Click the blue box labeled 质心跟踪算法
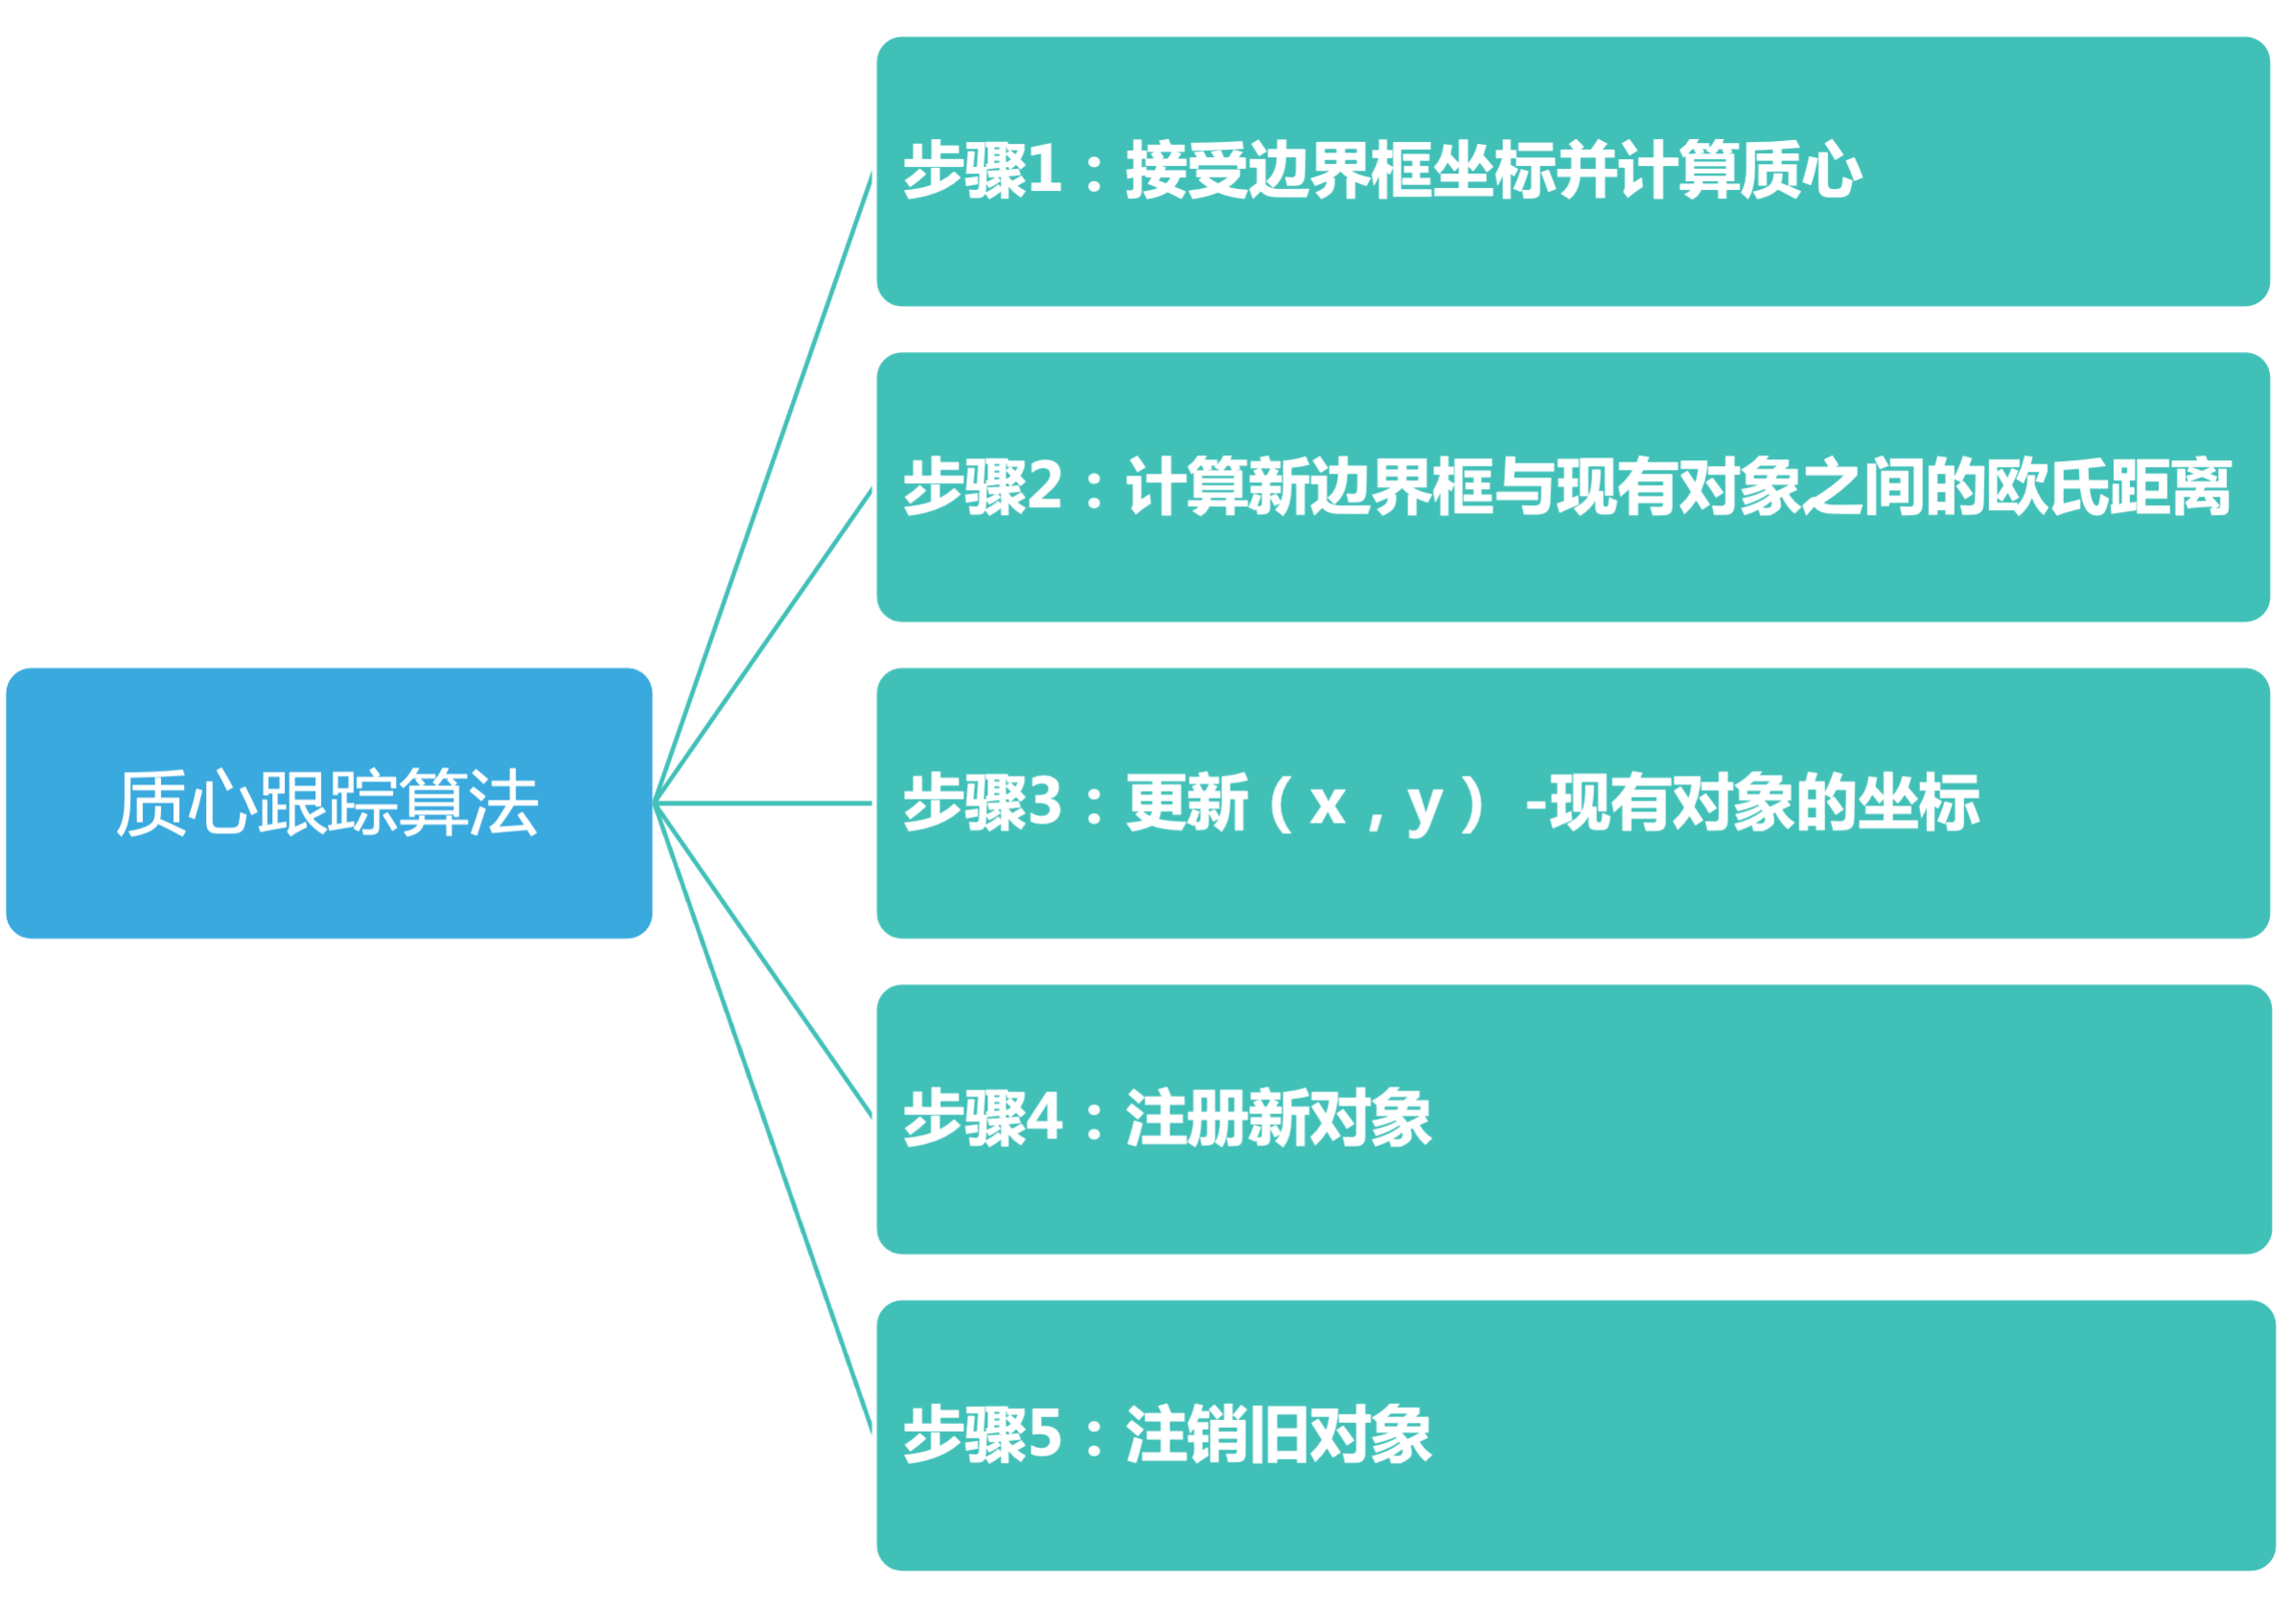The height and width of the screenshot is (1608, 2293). (x=330, y=803)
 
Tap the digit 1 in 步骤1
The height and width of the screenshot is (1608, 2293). (x=1044, y=170)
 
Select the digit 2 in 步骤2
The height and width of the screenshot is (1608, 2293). (x=1044, y=486)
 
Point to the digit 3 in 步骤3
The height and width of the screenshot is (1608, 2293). (x=1044, y=802)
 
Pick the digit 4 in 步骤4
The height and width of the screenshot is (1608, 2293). (x=1044, y=1118)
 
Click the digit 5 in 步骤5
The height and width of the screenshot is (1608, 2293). (x=1044, y=1434)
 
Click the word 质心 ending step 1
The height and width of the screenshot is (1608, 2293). (x=1799, y=170)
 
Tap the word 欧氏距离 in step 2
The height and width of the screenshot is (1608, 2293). (x=2107, y=486)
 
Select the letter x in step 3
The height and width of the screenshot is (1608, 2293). (x=1328, y=802)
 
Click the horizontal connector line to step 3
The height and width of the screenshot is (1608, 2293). (x=764, y=802)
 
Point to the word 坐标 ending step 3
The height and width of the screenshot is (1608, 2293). (x=1917, y=802)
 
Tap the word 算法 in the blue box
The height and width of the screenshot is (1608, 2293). (x=469, y=803)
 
